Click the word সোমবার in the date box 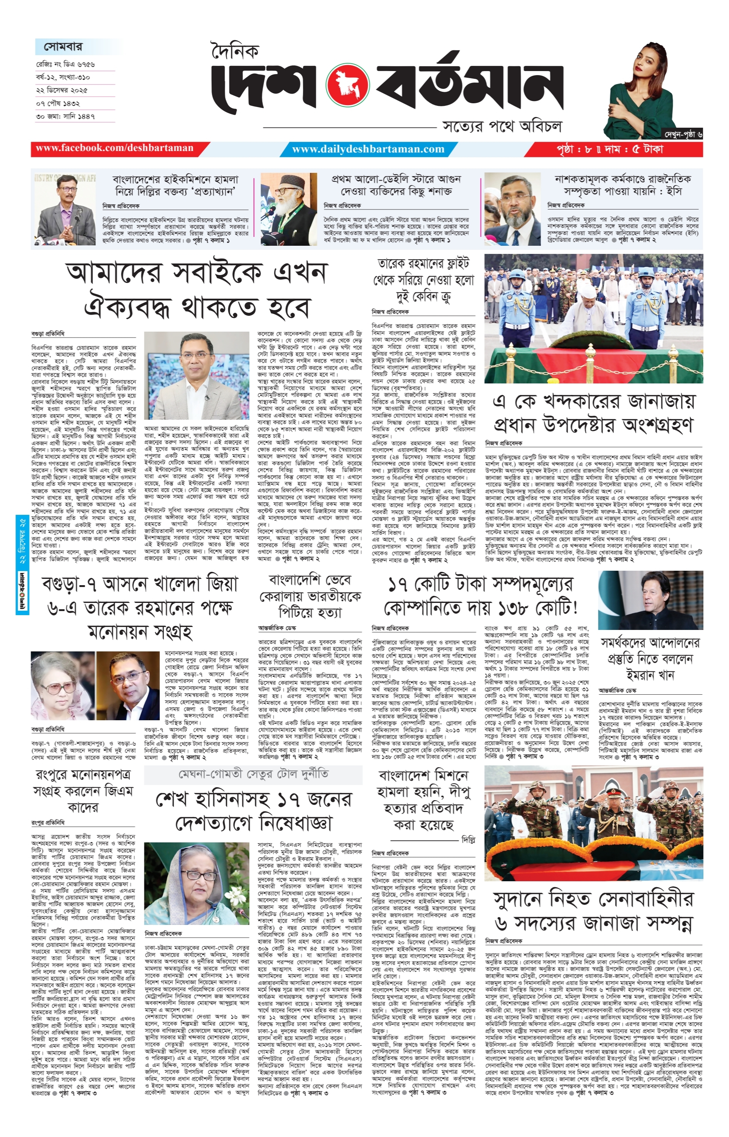tap(63, 47)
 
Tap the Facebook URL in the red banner tap(115, 148)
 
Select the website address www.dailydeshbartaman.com tap(368, 149)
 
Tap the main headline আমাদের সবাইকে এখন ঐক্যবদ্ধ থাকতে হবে tap(196, 290)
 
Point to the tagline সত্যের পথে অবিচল tap(502, 126)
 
